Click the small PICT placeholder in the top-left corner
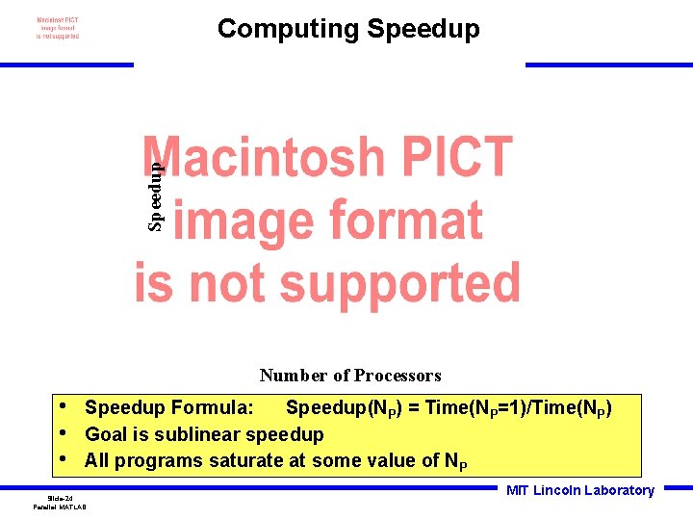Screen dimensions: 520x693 pyautogui.click(x=58, y=28)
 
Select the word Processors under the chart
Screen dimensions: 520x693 pyautogui.click(x=396, y=376)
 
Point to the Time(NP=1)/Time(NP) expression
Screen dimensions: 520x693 pyautogui.click(x=518, y=408)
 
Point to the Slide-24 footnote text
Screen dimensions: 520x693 pyautogui.click(x=60, y=498)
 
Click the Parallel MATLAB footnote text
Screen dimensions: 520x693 pyautogui.click(x=60, y=507)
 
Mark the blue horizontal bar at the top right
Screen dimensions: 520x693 pyautogui.click(x=608, y=65)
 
